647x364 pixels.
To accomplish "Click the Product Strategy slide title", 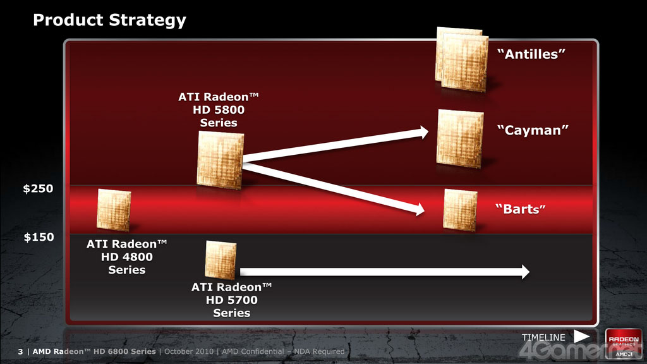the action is point(109,20).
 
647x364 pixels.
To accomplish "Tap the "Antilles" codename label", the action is point(531,54).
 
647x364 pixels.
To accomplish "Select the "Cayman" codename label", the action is point(533,130).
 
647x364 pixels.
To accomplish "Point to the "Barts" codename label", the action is point(521,209).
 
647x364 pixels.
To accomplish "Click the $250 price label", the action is point(38,188).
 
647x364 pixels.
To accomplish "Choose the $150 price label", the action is point(39,237).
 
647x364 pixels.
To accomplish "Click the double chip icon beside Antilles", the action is point(462,59).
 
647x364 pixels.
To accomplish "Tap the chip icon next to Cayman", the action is point(460,138).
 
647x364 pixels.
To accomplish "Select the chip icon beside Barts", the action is point(460,210).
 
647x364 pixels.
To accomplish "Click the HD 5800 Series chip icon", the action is point(220,160).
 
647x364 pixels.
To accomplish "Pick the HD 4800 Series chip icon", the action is point(114,210).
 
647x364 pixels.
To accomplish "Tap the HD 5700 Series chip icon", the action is point(221,260).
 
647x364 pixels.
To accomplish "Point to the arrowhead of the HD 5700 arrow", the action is point(525,272).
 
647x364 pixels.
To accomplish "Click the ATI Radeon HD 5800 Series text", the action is point(219,110).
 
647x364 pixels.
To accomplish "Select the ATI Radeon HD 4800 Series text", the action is point(126,257).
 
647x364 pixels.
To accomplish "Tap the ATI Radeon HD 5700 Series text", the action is point(231,300).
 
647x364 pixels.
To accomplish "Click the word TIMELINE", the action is point(543,337).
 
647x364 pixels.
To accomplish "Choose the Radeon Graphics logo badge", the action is point(624,344).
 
